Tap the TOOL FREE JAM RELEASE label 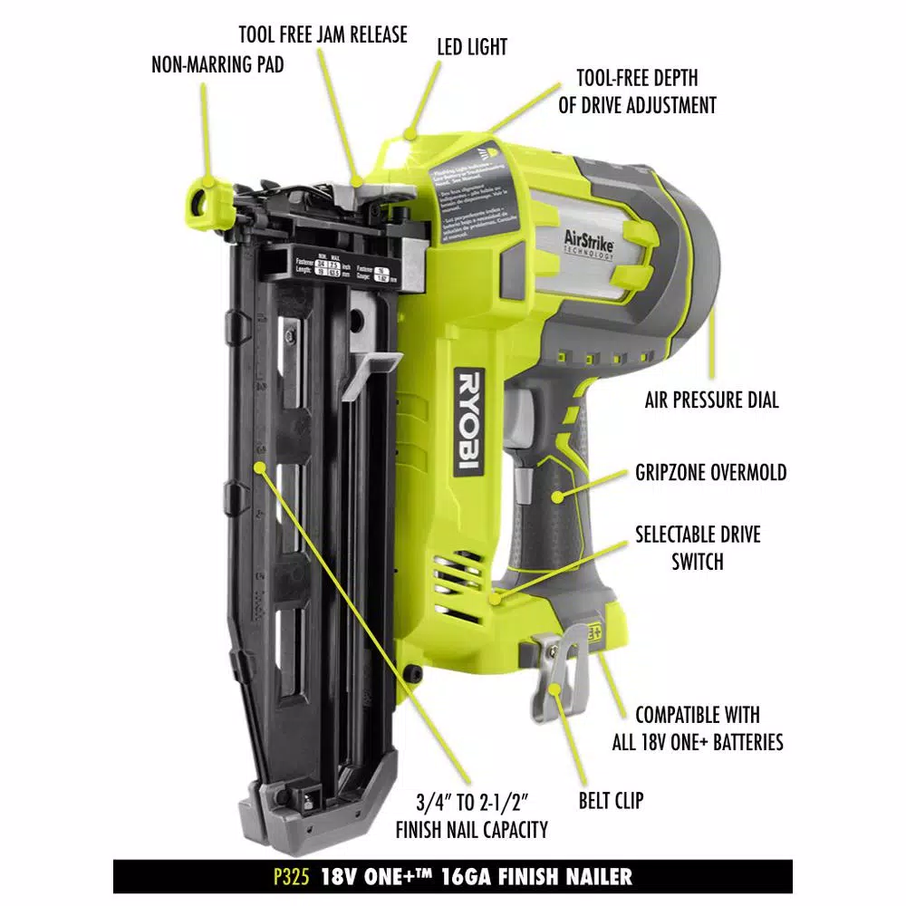click(323, 35)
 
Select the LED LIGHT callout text click(472, 46)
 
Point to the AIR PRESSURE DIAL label click(711, 400)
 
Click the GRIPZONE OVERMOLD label click(710, 472)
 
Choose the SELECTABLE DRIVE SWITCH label click(698, 547)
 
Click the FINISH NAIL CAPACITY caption click(472, 814)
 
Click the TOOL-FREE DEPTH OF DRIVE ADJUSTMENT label click(637, 92)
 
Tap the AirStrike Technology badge click(587, 245)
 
